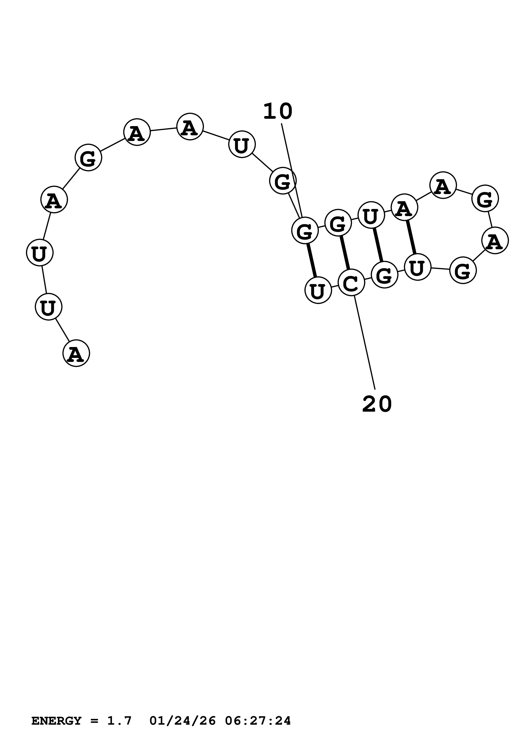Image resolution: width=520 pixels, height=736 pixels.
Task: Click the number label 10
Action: point(278,112)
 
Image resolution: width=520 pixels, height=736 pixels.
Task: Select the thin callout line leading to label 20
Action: point(365,343)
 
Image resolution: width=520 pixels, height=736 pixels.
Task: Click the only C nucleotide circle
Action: point(352,282)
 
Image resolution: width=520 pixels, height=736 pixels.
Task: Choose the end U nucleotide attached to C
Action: point(318,290)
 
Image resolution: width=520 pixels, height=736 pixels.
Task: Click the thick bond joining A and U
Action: point(411,237)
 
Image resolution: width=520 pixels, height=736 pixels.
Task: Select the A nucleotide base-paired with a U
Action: point(404,207)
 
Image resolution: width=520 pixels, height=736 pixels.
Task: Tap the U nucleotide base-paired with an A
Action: point(417,267)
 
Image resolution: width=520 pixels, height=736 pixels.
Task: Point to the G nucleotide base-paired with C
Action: point(338,222)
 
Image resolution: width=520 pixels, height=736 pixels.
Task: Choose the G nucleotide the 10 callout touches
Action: point(305,230)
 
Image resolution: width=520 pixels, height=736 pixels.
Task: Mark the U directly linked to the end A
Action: point(48,307)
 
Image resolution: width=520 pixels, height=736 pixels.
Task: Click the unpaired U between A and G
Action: point(242,144)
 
